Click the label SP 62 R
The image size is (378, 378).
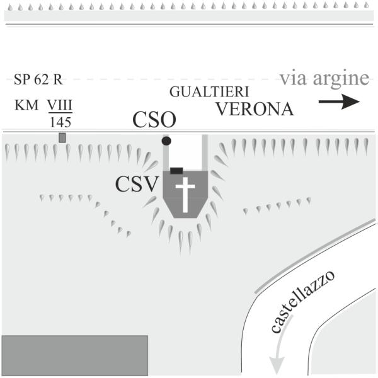tap(38, 79)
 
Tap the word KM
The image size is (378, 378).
tap(26, 105)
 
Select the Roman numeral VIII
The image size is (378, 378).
tap(60, 105)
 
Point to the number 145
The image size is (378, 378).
tap(60, 122)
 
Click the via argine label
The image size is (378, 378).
tap(324, 78)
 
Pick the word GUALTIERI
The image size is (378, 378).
tap(209, 92)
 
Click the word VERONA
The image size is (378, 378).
tap(255, 109)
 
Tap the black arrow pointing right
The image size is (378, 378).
tap(339, 101)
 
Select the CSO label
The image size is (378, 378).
tap(154, 120)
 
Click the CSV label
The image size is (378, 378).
tap(137, 184)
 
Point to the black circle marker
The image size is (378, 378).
tap(166, 140)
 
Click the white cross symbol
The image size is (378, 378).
tap(185, 195)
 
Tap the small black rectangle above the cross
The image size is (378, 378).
tap(176, 171)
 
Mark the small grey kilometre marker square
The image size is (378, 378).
tap(62, 137)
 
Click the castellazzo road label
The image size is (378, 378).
tap(302, 302)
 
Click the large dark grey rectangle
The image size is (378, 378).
tap(75, 355)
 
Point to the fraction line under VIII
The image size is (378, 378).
tap(60, 113)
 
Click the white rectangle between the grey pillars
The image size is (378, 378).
tap(185, 152)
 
